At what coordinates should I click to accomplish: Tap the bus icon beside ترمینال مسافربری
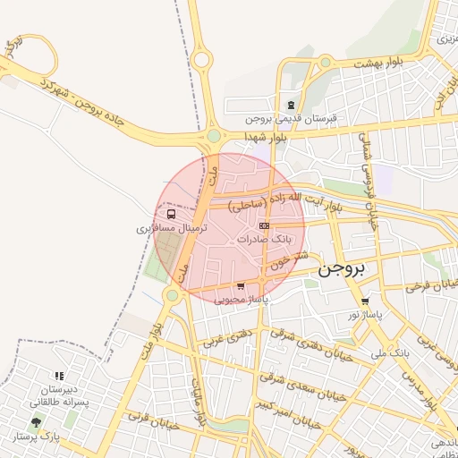pyautogui.click(x=171, y=215)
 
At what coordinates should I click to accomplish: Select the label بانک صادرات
pyautogui.click(x=267, y=240)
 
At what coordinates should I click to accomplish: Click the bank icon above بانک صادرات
pyautogui.click(x=262, y=226)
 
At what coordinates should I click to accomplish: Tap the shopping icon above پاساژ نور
pyautogui.click(x=365, y=301)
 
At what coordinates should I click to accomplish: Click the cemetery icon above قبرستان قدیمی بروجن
pyautogui.click(x=291, y=105)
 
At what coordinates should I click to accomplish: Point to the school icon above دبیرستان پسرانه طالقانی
pyautogui.click(x=59, y=377)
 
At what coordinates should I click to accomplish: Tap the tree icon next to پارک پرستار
pyautogui.click(x=36, y=421)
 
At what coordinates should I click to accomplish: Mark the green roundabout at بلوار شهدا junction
pyautogui.click(x=214, y=136)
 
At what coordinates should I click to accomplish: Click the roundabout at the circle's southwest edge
pyautogui.click(x=172, y=294)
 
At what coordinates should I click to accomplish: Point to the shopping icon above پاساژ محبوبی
pyautogui.click(x=241, y=286)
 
